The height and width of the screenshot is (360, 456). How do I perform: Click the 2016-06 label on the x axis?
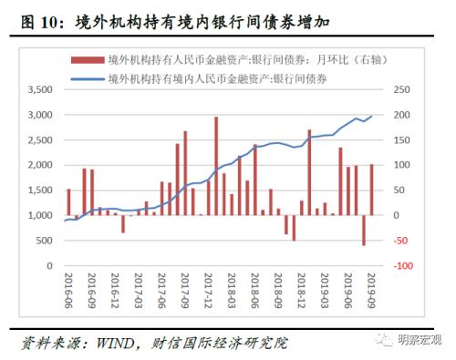pos(68,290)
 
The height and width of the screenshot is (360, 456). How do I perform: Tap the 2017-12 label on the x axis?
pos(208,290)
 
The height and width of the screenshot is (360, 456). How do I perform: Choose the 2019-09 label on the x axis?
pos(371,290)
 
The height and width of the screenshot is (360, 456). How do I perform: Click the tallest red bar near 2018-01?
pos(216,166)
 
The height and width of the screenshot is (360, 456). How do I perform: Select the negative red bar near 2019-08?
pos(363,230)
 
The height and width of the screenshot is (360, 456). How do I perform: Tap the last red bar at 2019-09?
pos(371,190)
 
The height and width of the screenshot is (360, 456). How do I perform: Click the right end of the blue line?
pos(371,116)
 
